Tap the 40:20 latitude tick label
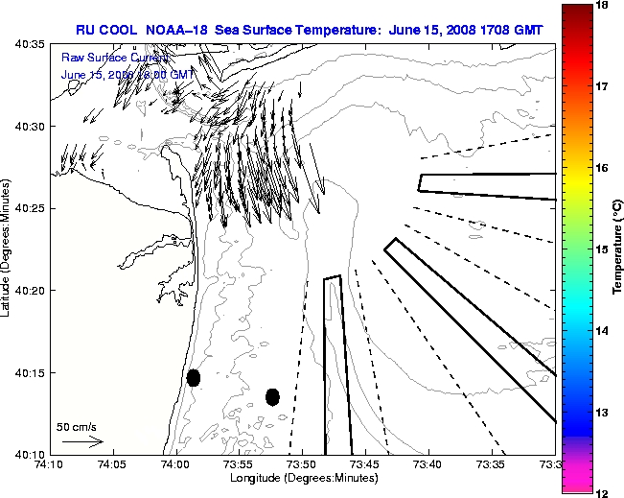pos(28,291)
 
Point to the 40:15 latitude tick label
pos(28,372)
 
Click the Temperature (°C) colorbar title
pos(617,249)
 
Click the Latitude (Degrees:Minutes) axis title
pos(9,249)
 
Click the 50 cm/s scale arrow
pos(81,442)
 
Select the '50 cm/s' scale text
pos(77,427)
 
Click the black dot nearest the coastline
pos(194,377)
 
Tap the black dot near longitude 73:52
pos(272,396)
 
